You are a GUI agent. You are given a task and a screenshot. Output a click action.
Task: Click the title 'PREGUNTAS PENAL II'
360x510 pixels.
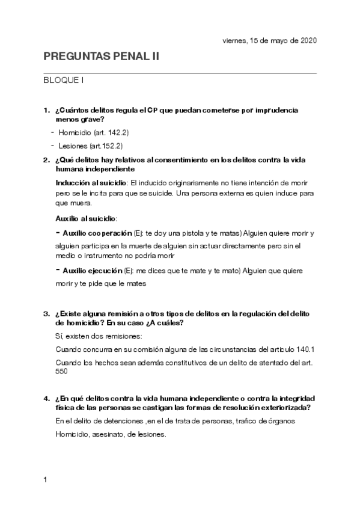(x=102, y=57)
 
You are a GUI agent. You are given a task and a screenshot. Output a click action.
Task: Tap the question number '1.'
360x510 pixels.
(x=47, y=111)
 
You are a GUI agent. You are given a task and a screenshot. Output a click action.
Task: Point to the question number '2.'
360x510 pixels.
(x=47, y=161)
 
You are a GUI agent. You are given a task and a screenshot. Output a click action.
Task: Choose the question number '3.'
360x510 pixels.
(x=47, y=313)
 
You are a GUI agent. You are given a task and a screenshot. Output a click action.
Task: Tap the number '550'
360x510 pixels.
(x=61, y=371)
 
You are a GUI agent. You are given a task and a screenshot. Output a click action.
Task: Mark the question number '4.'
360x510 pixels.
(x=47, y=399)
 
